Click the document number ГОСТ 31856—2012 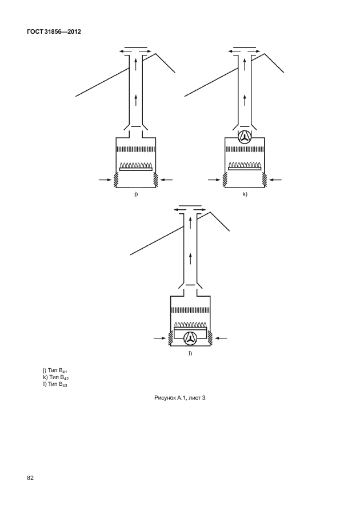coord(54,32)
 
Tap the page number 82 coord(30,478)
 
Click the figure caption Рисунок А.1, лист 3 coord(179,397)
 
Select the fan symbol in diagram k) coord(245,137)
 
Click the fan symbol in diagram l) coord(190,338)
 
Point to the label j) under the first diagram coord(136,194)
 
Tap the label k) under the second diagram coord(245,194)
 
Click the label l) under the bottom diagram coord(190,353)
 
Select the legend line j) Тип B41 coord(55,370)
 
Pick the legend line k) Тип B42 coord(55,377)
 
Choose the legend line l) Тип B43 coord(55,385)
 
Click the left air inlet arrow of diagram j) coord(106,180)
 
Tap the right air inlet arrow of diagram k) coord(275,180)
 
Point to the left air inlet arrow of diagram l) coord(160,338)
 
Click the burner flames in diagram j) coord(136,165)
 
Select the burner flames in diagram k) coord(245,165)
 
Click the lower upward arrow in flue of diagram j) coord(136,100)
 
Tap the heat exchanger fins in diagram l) coord(190,310)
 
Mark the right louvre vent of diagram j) coord(155,180)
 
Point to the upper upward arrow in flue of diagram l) coord(190,222)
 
